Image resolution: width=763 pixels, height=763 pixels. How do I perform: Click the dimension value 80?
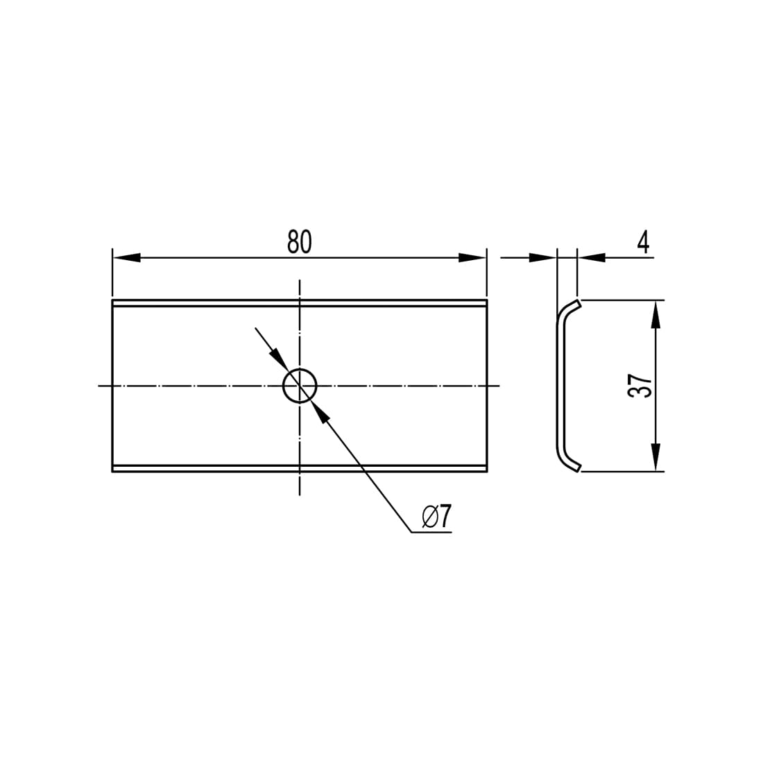point(299,242)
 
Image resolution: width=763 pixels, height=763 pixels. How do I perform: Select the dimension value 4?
point(643,242)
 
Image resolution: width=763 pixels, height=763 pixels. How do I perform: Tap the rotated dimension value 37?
point(640,386)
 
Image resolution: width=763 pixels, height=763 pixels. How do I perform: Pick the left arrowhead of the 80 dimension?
point(126,258)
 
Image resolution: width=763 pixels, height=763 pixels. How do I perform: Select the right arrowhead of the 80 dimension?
point(472,258)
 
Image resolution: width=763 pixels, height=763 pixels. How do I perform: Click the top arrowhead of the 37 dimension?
point(656,314)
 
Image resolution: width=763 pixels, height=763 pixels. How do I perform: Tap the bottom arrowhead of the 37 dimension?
point(656,457)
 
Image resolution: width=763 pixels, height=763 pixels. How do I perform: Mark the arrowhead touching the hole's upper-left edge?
point(280,361)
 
